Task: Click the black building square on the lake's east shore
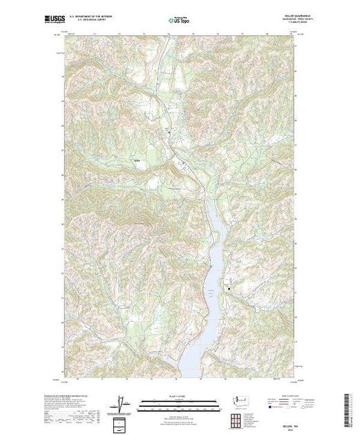click(x=229, y=289)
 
